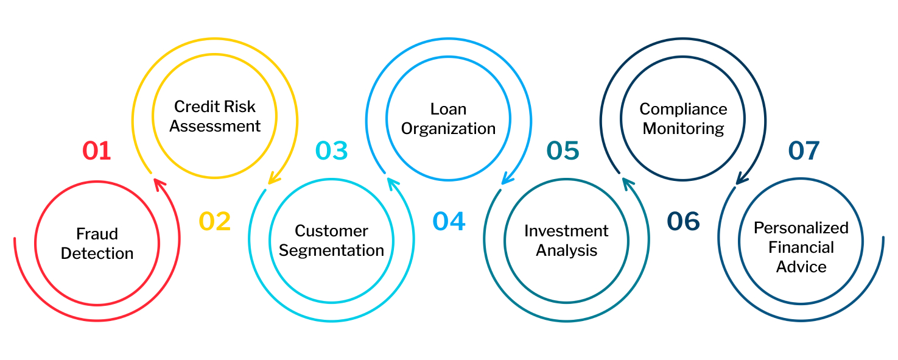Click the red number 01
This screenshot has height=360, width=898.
pyautogui.click(x=97, y=150)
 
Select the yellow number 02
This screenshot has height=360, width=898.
pyautogui.click(x=215, y=222)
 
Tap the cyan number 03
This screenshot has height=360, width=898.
pyautogui.click(x=332, y=150)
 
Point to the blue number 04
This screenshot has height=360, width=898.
pyautogui.click(x=449, y=222)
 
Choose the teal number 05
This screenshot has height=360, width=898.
pyautogui.click(x=563, y=150)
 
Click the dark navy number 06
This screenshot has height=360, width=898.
pyautogui.click(x=683, y=222)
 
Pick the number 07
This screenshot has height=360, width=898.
pyautogui.click(x=804, y=150)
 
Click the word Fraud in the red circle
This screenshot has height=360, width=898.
pyautogui.click(x=97, y=234)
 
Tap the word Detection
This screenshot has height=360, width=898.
pyautogui.click(x=97, y=253)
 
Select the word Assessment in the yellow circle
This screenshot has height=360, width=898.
pyautogui.click(x=215, y=126)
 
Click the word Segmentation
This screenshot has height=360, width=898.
pyautogui.click(x=332, y=250)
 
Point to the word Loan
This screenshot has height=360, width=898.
pyautogui.click(x=448, y=109)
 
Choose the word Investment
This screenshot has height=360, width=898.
pyautogui.click(x=566, y=231)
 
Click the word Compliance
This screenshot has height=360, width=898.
pyautogui.click(x=683, y=109)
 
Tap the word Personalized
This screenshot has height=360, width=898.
pyautogui.click(x=801, y=228)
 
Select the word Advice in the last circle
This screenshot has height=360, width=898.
pyautogui.click(x=801, y=267)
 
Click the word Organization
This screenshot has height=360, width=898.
pyautogui.click(x=448, y=129)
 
